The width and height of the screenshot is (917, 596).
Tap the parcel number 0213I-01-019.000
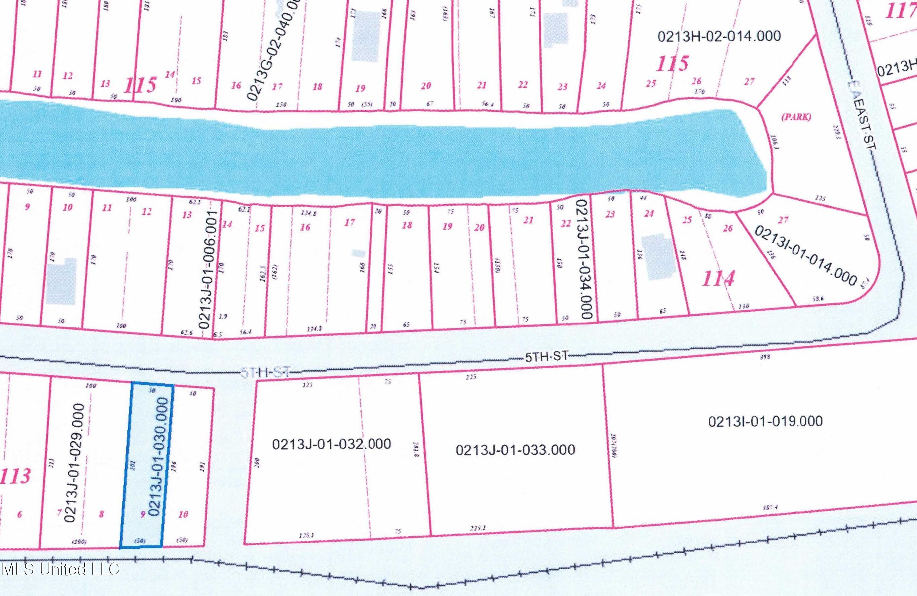click(765, 421)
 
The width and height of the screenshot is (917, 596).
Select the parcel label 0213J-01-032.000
click(331, 444)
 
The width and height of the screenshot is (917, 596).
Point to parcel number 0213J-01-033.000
click(515, 450)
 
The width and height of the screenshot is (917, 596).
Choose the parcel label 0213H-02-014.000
click(719, 36)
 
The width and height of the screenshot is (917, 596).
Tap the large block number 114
click(718, 279)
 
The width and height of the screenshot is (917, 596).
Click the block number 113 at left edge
click(15, 476)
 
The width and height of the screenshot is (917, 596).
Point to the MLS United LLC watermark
click(60, 569)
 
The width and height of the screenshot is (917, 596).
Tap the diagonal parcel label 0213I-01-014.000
click(805, 255)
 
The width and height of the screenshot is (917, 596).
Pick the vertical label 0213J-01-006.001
click(208, 270)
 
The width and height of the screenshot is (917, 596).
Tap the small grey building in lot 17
click(359, 253)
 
